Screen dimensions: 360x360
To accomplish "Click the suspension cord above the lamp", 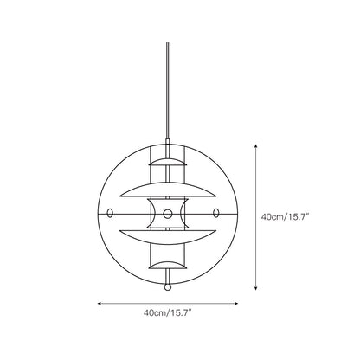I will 166,87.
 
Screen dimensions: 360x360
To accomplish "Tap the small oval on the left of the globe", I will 111,213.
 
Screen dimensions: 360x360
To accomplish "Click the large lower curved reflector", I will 166,236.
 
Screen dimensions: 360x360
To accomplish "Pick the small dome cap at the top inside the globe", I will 166,163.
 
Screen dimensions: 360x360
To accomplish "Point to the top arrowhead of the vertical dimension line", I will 256,147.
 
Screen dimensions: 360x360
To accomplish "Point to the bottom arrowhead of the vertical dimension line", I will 256,287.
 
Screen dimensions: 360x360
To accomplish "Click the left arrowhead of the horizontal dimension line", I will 98,303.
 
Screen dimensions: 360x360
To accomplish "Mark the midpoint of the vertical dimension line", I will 256,217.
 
